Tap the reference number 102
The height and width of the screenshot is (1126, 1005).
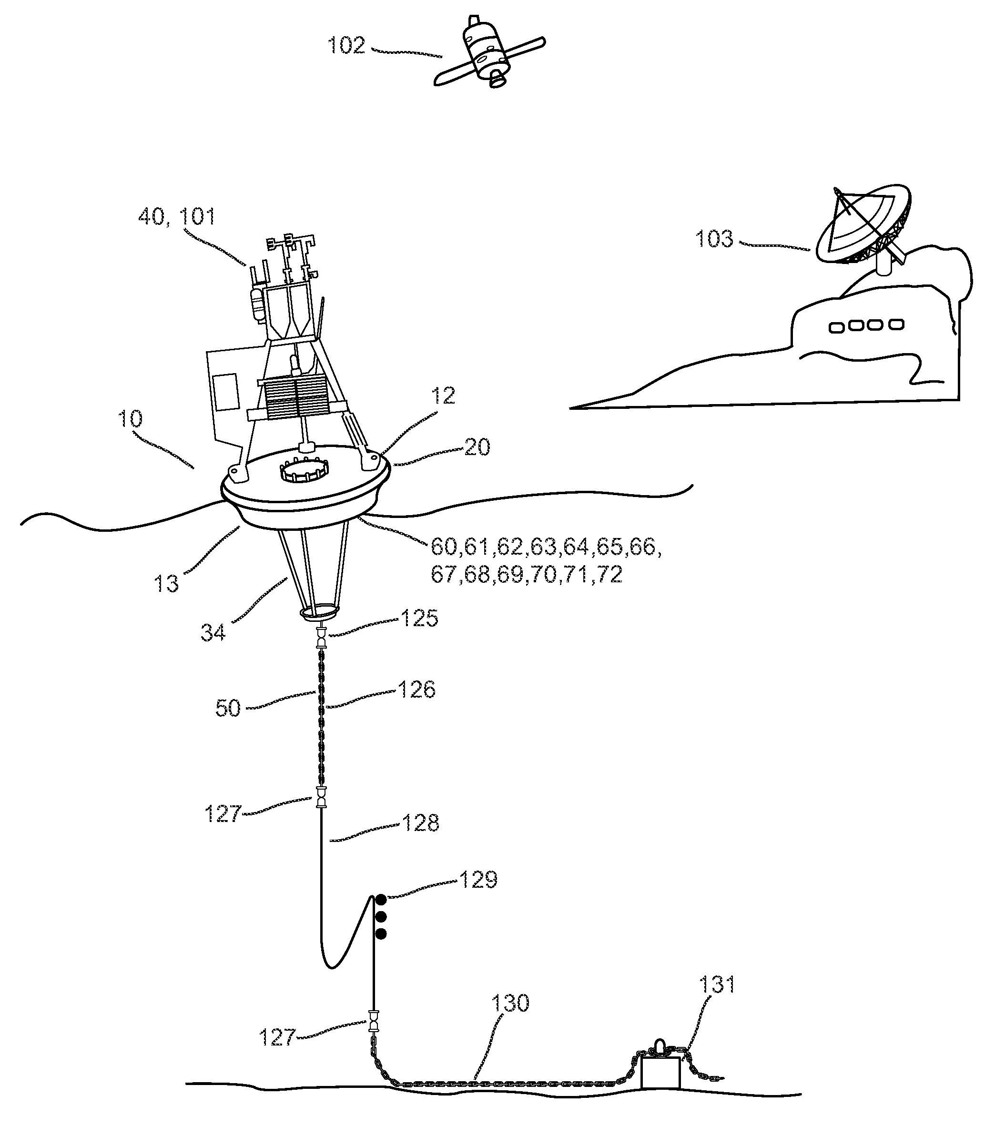click(x=346, y=45)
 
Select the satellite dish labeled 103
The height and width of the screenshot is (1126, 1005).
click(x=862, y=226)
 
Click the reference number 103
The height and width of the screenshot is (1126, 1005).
click(x=713, y=239)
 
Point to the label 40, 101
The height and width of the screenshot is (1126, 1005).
click(x=176, y=216)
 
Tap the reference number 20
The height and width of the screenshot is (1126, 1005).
click(x=477, y=447)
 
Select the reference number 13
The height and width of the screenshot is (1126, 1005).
click(x=166, y=583)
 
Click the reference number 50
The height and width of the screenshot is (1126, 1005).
click(x=227, y=709)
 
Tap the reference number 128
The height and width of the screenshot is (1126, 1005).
click(x=420, y=823)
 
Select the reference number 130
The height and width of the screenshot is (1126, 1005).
click(x=510, y=1003)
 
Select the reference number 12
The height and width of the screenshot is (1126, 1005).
click(x=442, y=396)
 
